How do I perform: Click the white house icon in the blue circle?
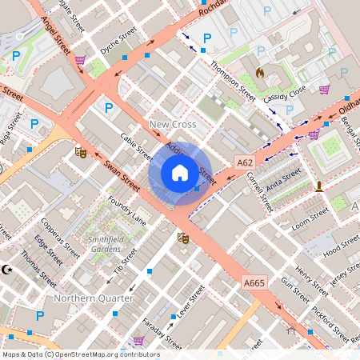point(180,173)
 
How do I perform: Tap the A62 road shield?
point(245,162)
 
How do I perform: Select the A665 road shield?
point(254,282)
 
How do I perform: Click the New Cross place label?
point(173,125)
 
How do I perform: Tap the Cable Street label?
point(136,146)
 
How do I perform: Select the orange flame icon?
point(259,72)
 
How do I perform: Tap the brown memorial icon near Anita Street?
point(319,186)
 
